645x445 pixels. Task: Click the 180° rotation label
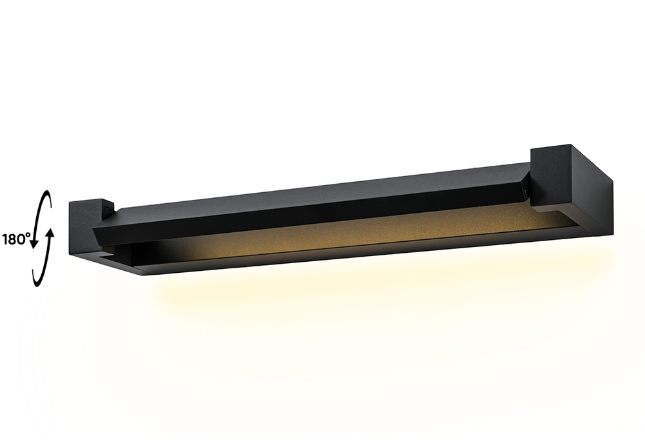click(x=17, y=239)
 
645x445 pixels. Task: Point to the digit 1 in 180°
click(x=6, y=239)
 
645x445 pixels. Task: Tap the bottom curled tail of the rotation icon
click(x=36, y=281)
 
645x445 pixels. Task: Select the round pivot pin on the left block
click(x=110, y=208)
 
